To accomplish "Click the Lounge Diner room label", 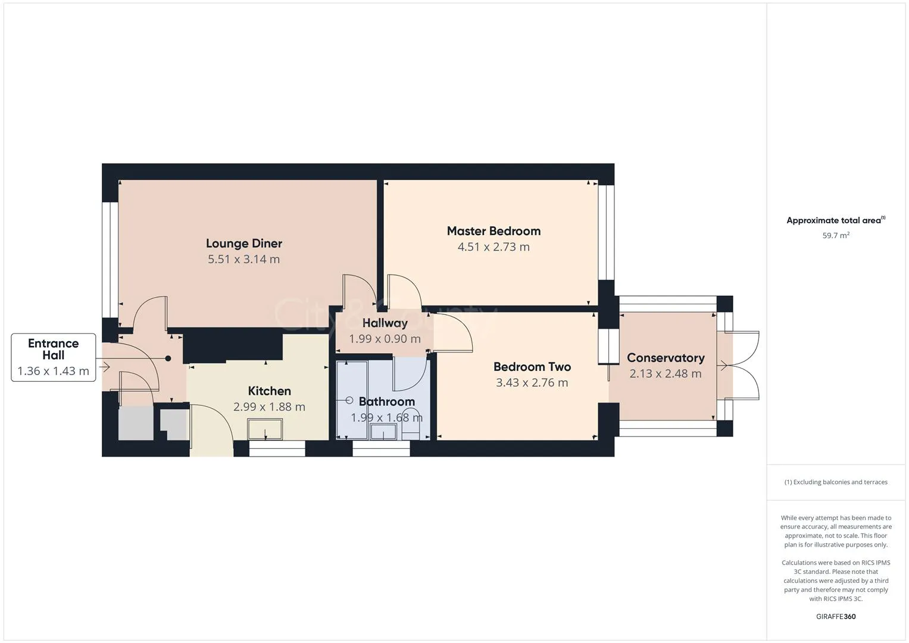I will pyautogui.click(x=243, y=244).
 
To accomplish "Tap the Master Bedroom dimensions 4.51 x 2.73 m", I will pyautogui.click(x=493, y=247).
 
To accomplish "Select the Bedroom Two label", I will pyautogui.click(x=532, y=367).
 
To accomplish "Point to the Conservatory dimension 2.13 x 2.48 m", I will pyautogui.click(x=665, y=374).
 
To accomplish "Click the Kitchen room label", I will pyautogui.click(x=269, y=391).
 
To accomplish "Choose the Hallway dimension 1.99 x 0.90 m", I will pyautogui.click(x=385, y=339).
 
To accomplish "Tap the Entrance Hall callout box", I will pyautogui.click(x=54, y=357).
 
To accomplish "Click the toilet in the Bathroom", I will pyautogui.click(x=411, y=423).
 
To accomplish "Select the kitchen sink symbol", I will pyautogui.click(x=265, y=429).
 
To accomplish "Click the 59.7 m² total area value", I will pyautogui.click(x=836, y=236).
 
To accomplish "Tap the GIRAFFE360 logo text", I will pyautogui.click(x=836, y=617).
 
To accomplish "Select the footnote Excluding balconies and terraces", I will pyautogui.click(x=836, y=482).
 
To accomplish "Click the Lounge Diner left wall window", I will pyautogui.click(x=110, y=260).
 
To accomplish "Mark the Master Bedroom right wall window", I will pyautogui.click(x=606, y=232).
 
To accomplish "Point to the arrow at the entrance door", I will pyautogui.click(x=105, y=367).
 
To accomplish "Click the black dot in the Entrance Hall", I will pyautogui.click(x=168, y=358).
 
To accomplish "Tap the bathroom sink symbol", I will pyautogui.click(x=383, y=432).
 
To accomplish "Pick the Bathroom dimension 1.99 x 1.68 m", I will pyautogui.click(x=386, y=418).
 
